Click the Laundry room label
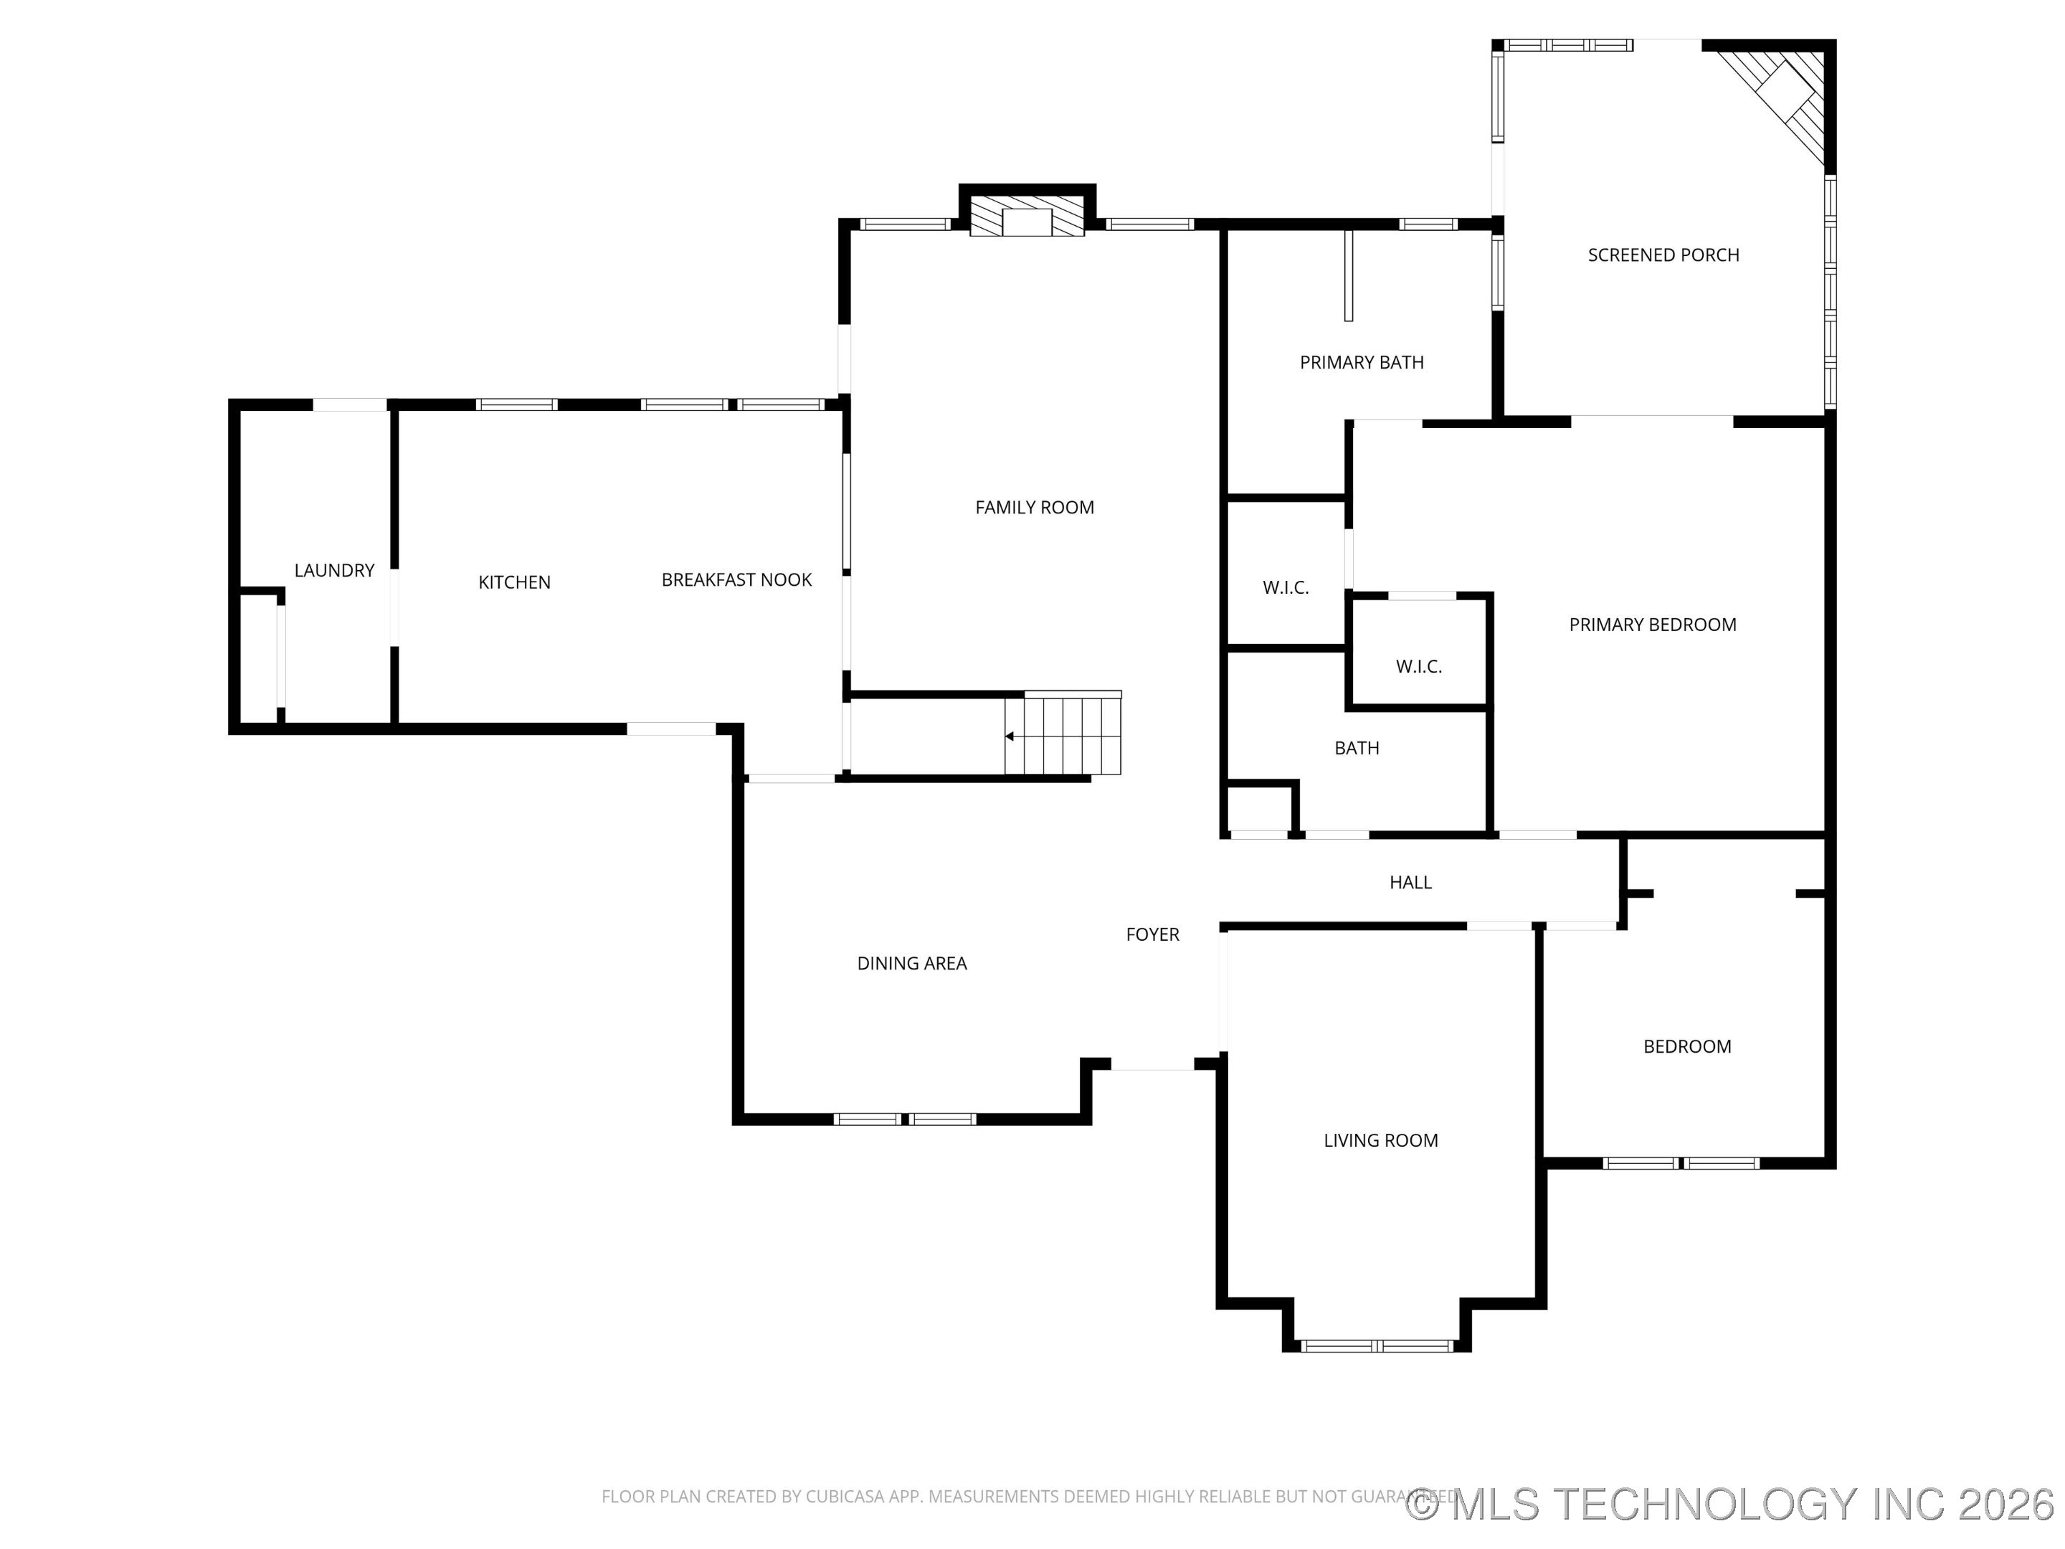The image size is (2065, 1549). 334,571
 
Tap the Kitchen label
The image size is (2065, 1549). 514,582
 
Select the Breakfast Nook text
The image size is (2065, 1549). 736,580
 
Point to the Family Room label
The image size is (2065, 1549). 1035,508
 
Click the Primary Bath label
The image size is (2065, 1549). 1362,362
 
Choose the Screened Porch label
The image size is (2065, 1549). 1663,255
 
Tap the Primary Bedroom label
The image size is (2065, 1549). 1653,625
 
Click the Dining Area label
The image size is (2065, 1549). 912,964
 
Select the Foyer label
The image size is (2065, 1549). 1153,934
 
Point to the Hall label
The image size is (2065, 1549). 1410,882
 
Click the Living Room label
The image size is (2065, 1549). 1381,1140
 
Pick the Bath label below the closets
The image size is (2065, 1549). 1357,748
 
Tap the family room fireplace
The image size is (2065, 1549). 1027,214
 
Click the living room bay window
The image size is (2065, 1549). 1377,1345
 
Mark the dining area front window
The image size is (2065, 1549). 905,1119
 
